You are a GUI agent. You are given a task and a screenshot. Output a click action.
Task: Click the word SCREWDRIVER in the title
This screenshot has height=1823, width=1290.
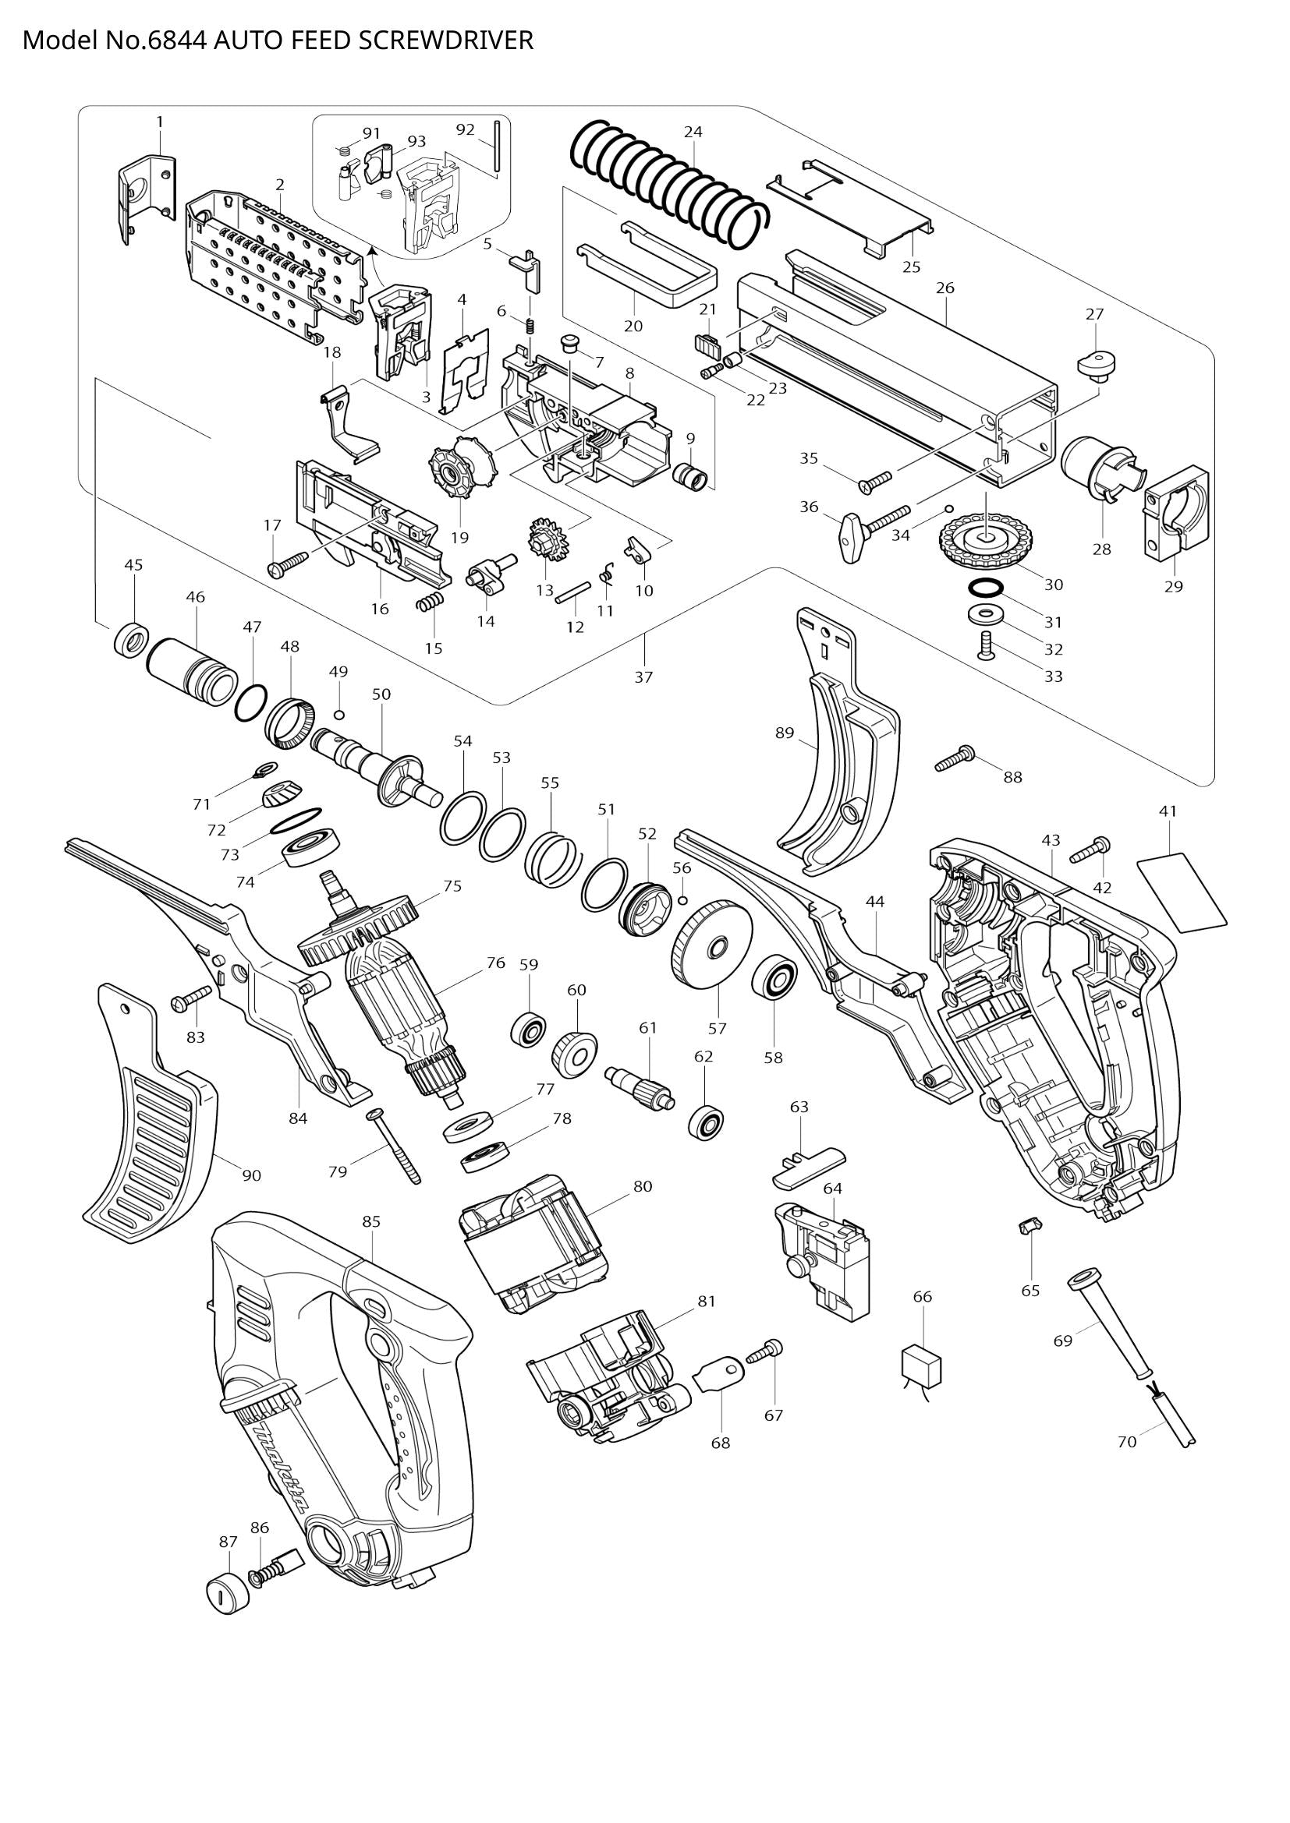(x=445, y=41)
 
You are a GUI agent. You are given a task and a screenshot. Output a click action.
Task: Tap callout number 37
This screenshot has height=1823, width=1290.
(x=643, y=677)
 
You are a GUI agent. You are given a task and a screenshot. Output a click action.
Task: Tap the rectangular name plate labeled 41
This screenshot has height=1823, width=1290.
(x=1184, y=892)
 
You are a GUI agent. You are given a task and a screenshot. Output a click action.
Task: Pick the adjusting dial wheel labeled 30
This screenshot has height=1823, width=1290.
(x=987, y=539)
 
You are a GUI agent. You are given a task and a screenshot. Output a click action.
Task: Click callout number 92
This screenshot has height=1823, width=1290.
(x=466, y=129)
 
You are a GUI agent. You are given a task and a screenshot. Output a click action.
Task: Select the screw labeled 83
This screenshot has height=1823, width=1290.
(x=190, y=998)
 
